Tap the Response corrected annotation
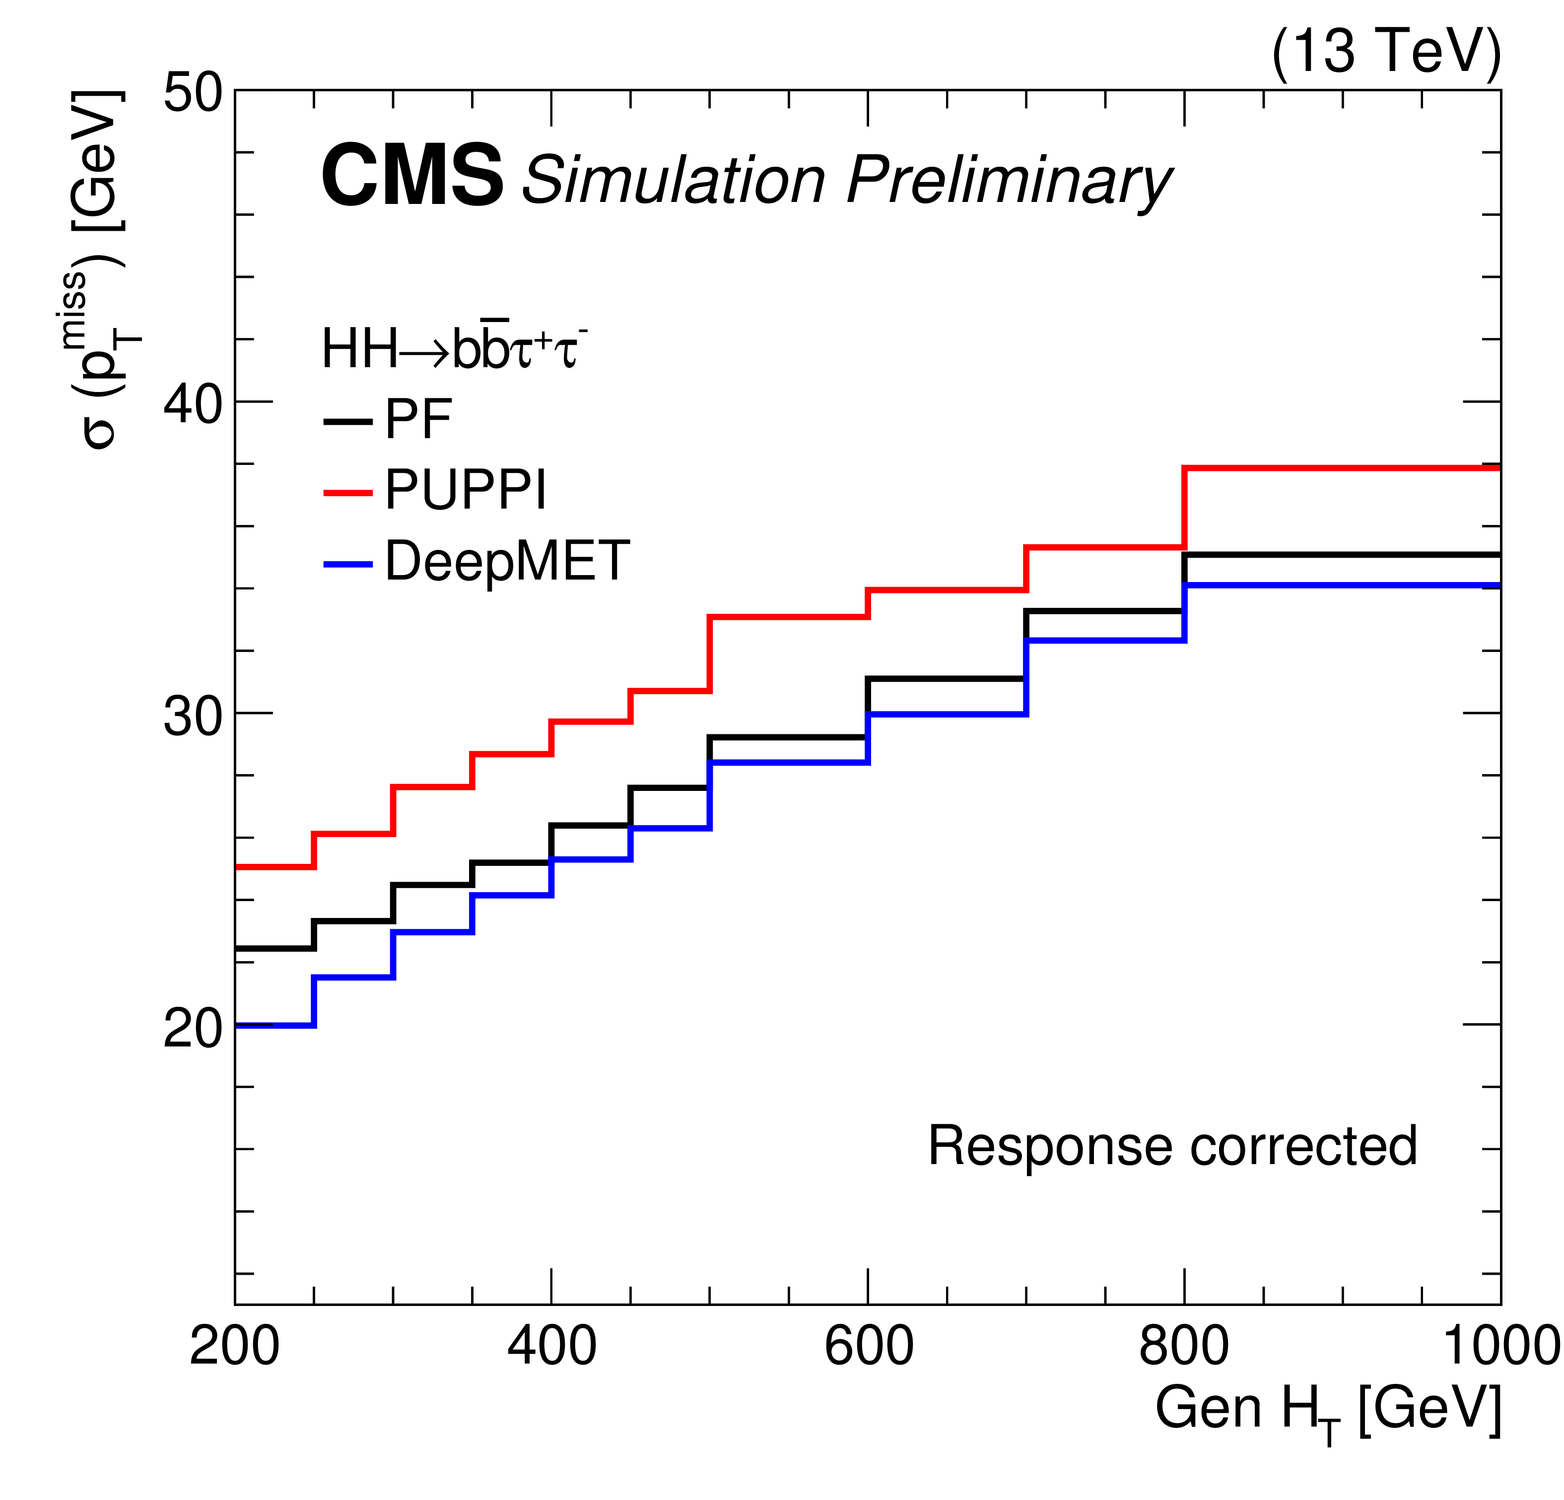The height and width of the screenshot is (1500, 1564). click(x=1172, y=1147)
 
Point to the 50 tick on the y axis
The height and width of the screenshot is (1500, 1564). click(x=193, y=93)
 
